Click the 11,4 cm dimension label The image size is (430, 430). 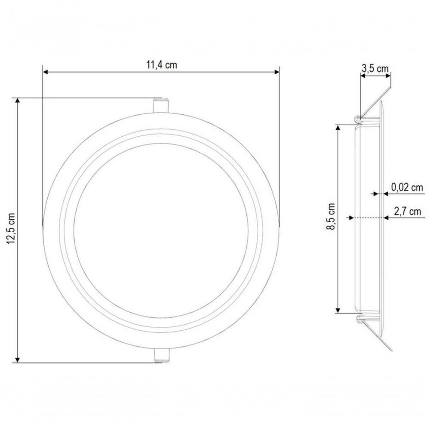[x=162, y=65]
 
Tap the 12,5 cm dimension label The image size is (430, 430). [x=11, y=228]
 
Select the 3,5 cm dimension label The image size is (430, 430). [x=375, y=68]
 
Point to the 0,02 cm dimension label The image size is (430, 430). [x=407, y=187]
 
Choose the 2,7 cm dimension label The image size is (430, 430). [x=408, y=212]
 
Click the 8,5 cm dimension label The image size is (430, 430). [x=331, y=216]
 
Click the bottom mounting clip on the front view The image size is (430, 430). [x=162, y=356]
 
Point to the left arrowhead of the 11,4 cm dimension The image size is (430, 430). [x=46, y=72]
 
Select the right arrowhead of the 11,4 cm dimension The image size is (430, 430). [x=276, y=72]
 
